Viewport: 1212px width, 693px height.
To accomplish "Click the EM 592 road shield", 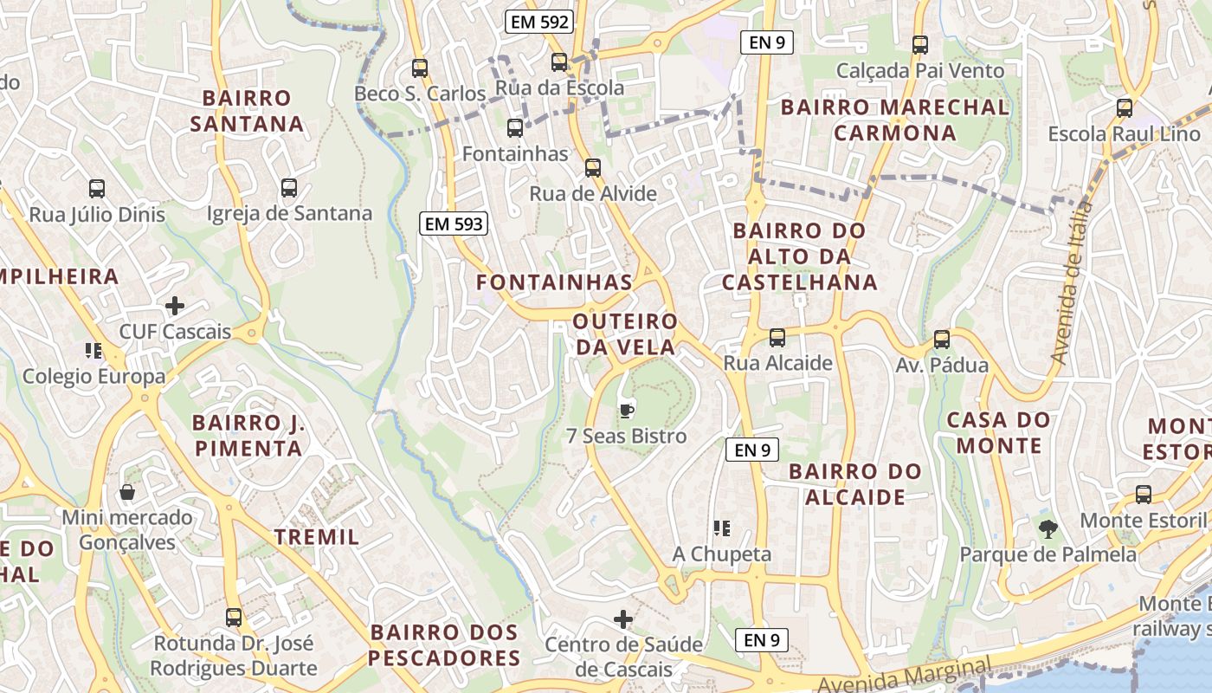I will [x=540, y=23].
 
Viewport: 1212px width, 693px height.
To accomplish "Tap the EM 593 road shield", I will [x=455, y=224].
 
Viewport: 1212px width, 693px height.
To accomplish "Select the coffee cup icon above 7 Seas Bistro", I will [x=626, y=410].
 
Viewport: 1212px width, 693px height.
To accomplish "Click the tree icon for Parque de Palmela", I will [x=1048, y=528].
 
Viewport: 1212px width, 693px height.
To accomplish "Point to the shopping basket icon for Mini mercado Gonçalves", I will [x=127, y=492].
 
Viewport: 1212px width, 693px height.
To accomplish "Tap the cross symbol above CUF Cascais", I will [x=175, y=306].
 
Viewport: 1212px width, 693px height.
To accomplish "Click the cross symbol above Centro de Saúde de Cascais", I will [x=623, y=619].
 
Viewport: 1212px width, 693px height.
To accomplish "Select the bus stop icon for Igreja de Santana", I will [x=289, y=187].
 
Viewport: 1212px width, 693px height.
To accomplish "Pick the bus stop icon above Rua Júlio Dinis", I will [x=97, y=188].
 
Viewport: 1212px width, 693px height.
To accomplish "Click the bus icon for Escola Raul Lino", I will [x=1125, y=108].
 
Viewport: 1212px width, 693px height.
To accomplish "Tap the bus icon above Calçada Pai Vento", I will [x=920, y=44].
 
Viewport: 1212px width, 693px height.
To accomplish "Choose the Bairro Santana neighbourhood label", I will [x=247, y=111].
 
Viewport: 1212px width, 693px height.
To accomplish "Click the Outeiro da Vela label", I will [x=624, y=334].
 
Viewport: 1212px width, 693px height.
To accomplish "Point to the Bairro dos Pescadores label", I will [x=444, y=645].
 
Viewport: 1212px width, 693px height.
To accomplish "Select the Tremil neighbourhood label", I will [x=317, y=537].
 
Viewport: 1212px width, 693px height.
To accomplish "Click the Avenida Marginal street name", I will [x=905, y=677].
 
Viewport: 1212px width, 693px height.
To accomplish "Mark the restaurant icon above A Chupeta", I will [x=722, y=528].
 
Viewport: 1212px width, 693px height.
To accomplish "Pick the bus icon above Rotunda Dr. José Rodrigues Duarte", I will [x=234, y=618].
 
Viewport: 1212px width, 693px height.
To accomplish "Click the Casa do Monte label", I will [x=998, y=433].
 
